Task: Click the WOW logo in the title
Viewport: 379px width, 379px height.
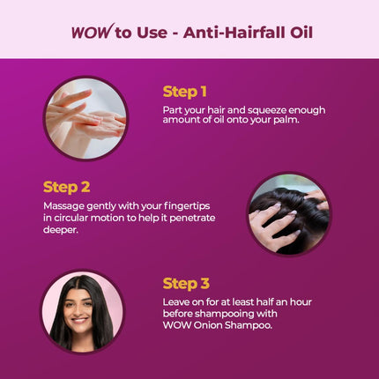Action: point(90,33)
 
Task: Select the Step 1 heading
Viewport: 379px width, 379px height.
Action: point(184,92)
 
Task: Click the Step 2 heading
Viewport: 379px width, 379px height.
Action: point(66,187)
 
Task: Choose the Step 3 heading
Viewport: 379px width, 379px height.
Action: point(185,283)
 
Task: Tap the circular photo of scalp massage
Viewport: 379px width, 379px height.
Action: point(289,213)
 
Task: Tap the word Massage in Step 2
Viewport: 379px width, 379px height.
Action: point(63,205)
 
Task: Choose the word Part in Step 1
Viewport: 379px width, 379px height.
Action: point(173,108)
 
